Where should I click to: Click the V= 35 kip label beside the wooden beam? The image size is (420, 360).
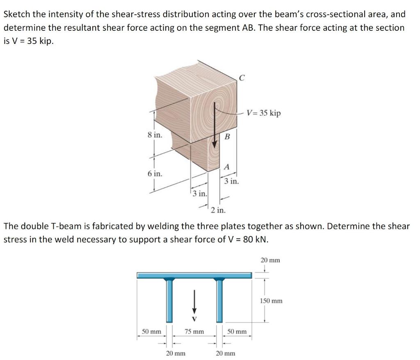pyautogui.click(x=264, y=113)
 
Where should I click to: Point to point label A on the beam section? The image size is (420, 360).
pyautogui.click(x=226, y=166)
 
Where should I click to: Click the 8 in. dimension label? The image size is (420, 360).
pyautogui.click(x=155, y=135)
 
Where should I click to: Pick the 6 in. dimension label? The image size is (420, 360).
pyautogui.click(x=155, y=174)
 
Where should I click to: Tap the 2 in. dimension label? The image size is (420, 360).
pyautogui.click(x=218, y=211)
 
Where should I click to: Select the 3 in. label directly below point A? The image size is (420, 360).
pyautogui.click(x=231, y=181)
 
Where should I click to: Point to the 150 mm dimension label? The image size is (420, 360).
pyautogui.click(x=271, y=301)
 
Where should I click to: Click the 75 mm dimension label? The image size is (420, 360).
pyautogui.click(x=194, y=331)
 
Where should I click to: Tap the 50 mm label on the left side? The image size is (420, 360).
pyautogui.click(x=151, y=331)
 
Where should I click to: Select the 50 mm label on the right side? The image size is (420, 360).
pyautogui.click(x=237, y=331)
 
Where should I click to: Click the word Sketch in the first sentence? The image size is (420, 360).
pyautogui.click(x=16, y=14)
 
